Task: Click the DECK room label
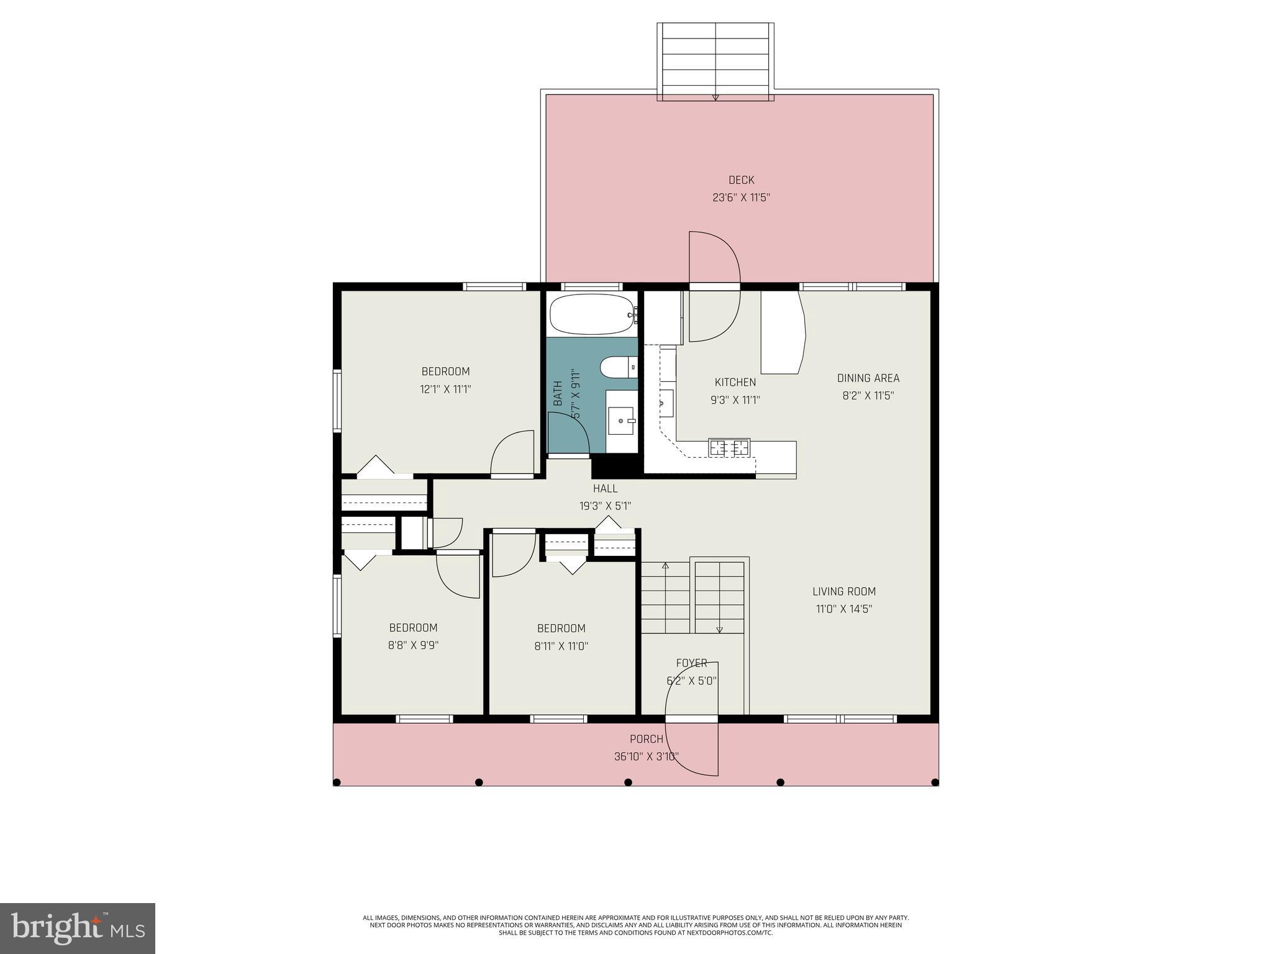coord(741,180)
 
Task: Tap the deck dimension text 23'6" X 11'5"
coord(741,198)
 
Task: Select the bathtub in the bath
coord(591,314)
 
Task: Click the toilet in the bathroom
coord(619,367)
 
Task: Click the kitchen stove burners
coord(729,447)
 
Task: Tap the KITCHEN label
coord(735,383)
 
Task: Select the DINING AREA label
coord(868,378)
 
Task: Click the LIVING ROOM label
coord(844,592)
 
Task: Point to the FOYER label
coord(691,663)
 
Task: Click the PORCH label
coord(646,739)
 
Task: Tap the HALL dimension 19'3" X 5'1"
coord(605,506)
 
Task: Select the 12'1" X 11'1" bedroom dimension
coord(445,389)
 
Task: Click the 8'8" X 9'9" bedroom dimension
coord(413,645)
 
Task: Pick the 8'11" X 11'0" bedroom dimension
coord(561,647)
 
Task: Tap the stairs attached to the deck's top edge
coord(715,61)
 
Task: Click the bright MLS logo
coord(78,929)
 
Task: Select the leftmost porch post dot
coord(337,782)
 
